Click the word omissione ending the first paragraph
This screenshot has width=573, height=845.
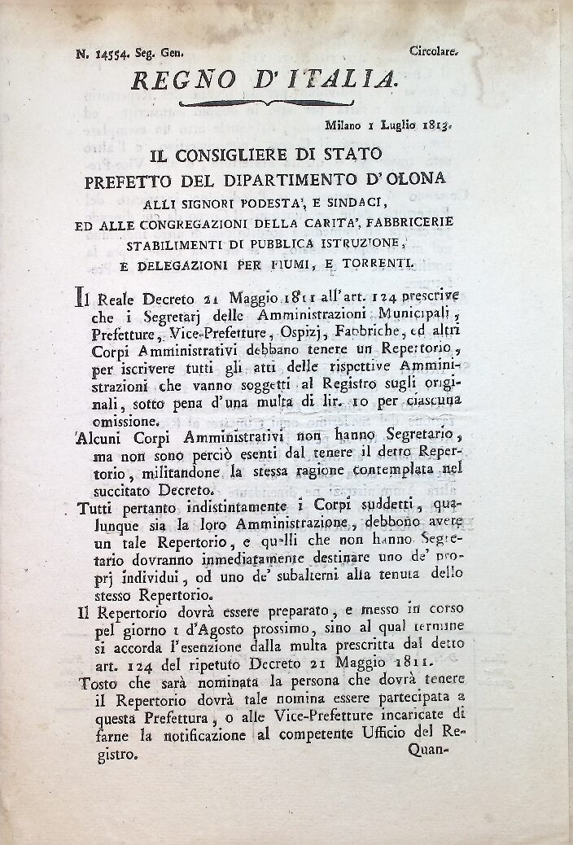tap(125, 421)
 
